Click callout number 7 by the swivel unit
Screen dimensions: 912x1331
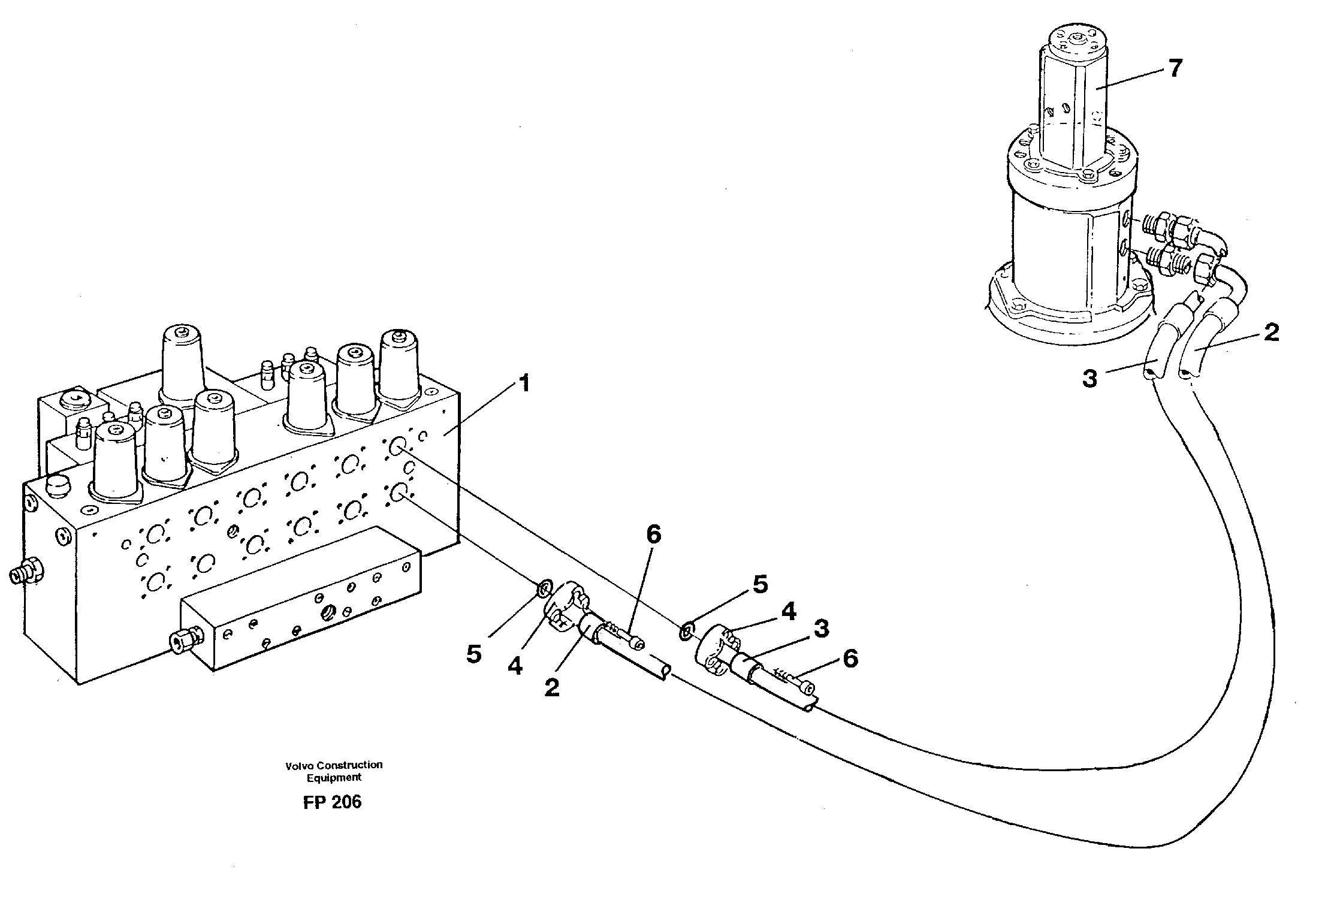(1175, 68)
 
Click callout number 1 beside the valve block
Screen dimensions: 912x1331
(524, 383)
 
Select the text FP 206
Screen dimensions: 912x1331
(332, 802)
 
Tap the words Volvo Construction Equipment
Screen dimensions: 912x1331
(334, 771)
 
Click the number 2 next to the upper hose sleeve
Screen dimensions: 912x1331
(1271, 333)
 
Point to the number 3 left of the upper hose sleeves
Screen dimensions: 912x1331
(1089, 379)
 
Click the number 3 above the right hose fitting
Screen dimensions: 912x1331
(821, 629)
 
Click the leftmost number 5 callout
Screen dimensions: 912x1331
(473, 655)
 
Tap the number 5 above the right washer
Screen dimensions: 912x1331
(759, 585)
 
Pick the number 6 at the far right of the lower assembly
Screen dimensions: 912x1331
(850, 659)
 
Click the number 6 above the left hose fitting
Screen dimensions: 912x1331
(653, 534)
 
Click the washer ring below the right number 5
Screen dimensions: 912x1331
(687, 630)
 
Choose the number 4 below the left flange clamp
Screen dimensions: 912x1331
(515, 666)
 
